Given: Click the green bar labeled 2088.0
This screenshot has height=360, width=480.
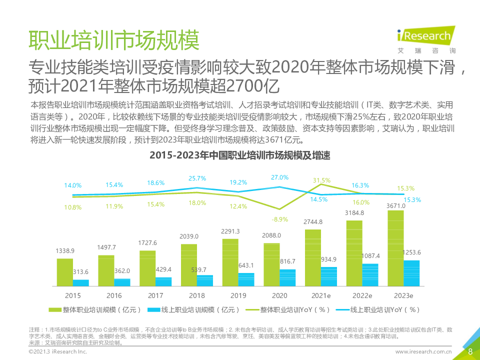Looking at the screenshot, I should click(271, 264).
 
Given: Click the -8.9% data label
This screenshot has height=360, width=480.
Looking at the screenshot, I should click(280, 219).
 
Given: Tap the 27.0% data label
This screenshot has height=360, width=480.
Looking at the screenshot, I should click(279, 177).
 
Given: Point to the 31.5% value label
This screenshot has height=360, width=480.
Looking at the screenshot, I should click(321, 180).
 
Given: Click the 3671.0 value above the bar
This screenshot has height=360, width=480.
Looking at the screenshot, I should click(395, 205).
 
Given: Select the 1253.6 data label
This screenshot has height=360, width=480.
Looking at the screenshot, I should click(411, 252).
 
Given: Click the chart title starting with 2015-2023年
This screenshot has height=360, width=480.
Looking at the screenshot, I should click(239, 156).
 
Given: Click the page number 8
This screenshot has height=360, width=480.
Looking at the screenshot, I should click(470, 351).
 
